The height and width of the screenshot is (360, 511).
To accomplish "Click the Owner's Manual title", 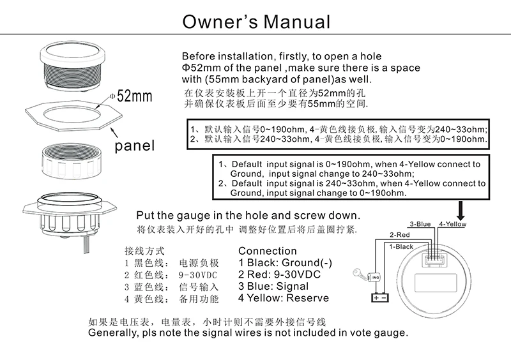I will pyautogui.click(x=256, y=21).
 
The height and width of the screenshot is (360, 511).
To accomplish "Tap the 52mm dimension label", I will pyautogui.click(x=133, y=96).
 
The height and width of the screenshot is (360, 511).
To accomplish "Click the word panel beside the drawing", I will pyautogui.click(x=134, y=146).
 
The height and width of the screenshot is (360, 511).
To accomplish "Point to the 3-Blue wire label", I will pyautogui.click(x=420, y=224).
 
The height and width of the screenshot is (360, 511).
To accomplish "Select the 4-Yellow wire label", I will pyautogui.click(x=452, y=224).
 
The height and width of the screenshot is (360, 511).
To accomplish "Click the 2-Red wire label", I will pyautogui.click(x=400, y=235).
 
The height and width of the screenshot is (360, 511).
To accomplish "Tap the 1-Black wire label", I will pyautogui.click(x=401, y=246).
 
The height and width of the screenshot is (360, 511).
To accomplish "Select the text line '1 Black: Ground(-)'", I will pyautogui.click(x=285, y=263).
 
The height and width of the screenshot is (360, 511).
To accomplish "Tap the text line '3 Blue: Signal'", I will pyautogui.click(x=273, y=287).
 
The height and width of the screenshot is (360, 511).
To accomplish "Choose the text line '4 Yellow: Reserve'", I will pyautogui.click(x=284, y=298).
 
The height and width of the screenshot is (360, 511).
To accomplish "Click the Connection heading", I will pyautogui.click(x=267, y=251).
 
